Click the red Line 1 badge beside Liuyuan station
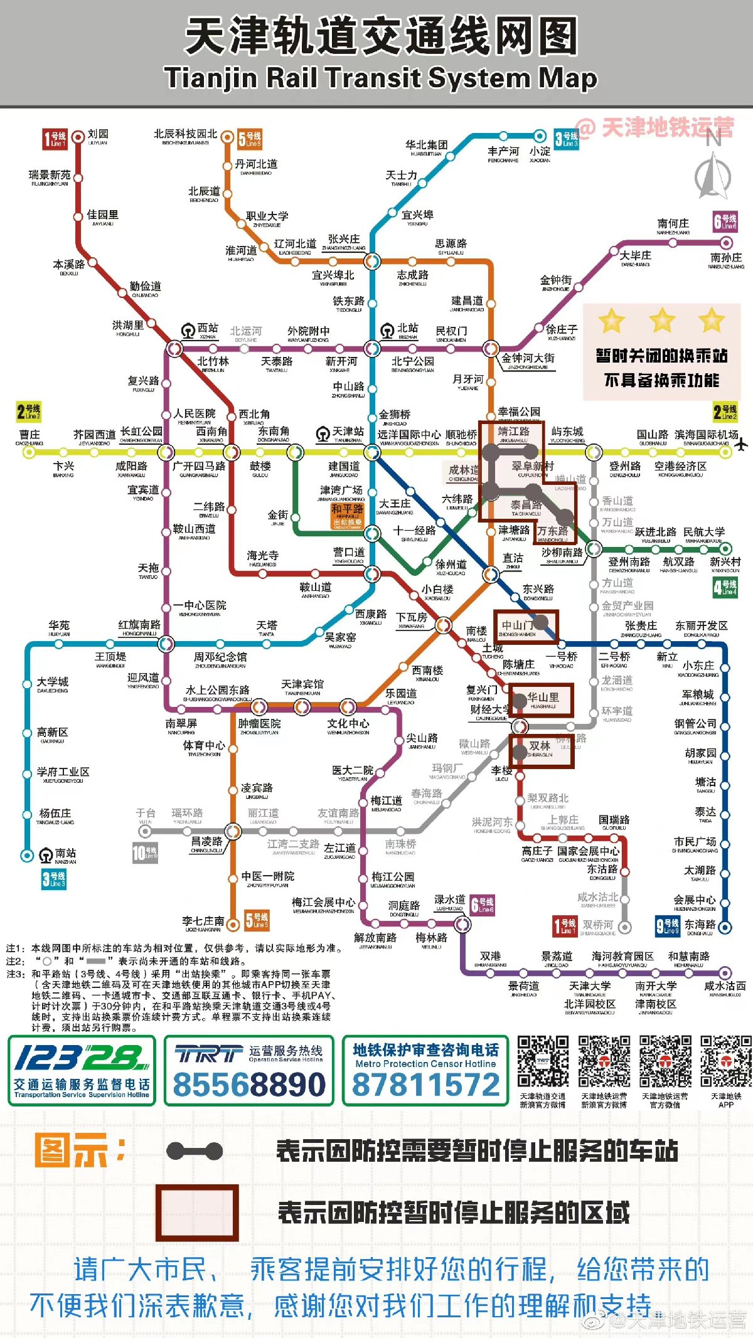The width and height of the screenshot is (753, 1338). (55, 139)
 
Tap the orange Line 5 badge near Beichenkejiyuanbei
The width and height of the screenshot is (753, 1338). (250, 139)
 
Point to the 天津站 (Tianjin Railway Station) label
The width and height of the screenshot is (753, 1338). (348, 432)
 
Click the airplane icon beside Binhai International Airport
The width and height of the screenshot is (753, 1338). (741, 445)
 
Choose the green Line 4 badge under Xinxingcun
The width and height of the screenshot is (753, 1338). (725, 587)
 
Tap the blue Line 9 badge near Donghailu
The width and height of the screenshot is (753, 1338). (667, 926)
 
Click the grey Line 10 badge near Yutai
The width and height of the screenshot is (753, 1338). (145, 852)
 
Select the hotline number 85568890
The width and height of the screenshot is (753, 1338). (249, 1085)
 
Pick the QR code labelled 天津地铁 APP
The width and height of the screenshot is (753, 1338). (726, 1061)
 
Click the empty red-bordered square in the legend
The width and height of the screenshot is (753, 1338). (197, 1213)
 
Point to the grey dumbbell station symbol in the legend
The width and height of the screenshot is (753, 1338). (195, 1151)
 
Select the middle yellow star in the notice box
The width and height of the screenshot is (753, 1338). (662, 321)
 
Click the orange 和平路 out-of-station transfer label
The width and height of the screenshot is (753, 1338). (347, 514)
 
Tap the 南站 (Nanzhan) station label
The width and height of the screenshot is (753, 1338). (65, 853)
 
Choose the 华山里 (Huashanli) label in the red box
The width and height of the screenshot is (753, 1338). (543, 697)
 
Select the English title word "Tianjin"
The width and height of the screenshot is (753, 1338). (211, 78)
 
